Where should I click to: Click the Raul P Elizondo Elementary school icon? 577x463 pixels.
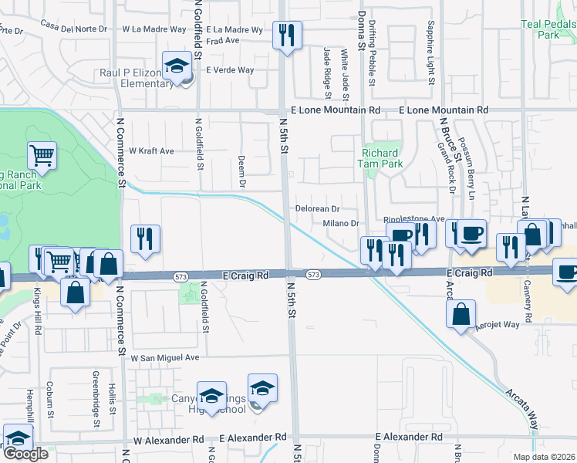point(177,66)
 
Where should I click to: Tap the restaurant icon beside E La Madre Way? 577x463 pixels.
point(287,35)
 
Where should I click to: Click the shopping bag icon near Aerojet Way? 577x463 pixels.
point(461,315)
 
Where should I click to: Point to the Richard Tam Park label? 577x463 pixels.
point(382,158)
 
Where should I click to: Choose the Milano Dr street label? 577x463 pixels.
point(342,224)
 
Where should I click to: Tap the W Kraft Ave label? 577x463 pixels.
point(151,151)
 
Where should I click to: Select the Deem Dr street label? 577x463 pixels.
point(241,171)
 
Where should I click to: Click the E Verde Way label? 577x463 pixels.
point(229,70)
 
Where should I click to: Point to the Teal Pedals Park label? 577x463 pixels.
point(548,29)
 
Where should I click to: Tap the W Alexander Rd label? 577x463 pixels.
point(168,439)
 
